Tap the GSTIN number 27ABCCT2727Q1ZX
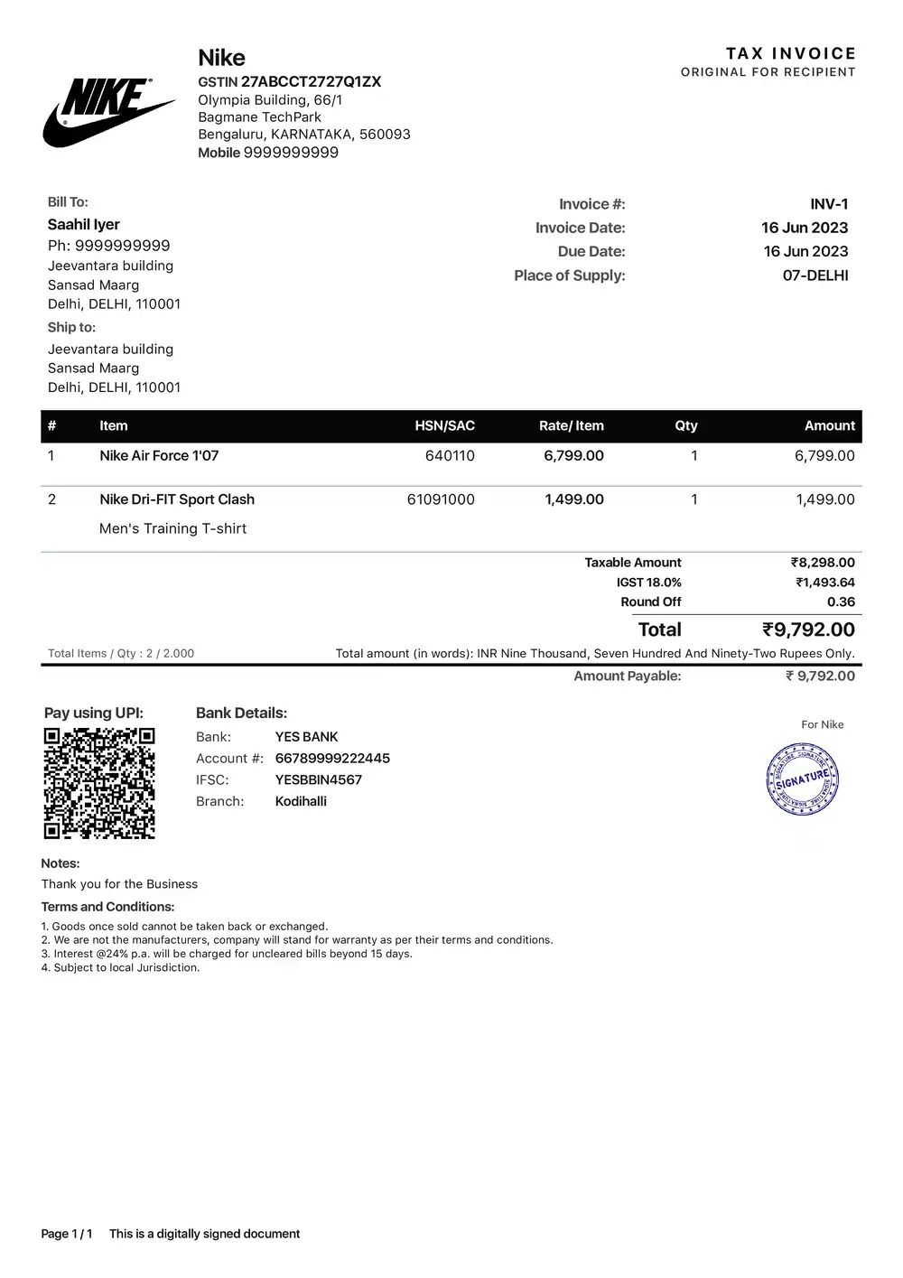[311, 81]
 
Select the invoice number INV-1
[829, 204]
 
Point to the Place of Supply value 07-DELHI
[815, 275]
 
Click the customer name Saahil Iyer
[84, 224]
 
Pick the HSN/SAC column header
[444, 425]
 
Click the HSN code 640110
[450, 455]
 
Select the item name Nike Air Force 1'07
[159, 455]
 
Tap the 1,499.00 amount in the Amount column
[824, 499]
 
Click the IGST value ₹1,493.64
[824, 583]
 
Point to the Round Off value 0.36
[841, 602]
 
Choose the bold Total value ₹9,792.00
[808, 630]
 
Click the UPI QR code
[99, 783]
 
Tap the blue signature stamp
[803, 779]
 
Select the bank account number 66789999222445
[332, 758]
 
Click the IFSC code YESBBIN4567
[318, 779]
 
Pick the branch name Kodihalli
[301, 801]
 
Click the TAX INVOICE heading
[790, 53]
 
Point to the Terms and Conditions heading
[107, 907]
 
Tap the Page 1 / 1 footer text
[67, 1234]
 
